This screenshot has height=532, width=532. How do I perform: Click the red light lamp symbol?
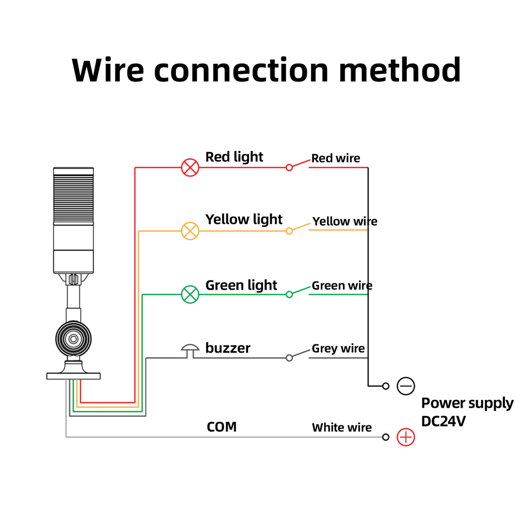coord(190,168)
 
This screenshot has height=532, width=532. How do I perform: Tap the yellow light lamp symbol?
coord(190,231)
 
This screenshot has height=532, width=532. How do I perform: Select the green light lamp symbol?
coord(190,295)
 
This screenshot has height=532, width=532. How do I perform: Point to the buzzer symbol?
coord(190,351)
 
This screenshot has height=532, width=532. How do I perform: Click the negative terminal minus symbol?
coord(406,386)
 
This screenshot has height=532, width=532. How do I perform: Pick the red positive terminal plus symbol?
coord(406,437)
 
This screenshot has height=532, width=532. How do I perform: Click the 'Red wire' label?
coord(336,158)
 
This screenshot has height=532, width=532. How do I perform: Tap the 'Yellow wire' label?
coord(345,221)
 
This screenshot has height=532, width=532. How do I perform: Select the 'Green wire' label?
coord(342,286)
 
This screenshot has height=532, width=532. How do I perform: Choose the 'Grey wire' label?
coord(338,348)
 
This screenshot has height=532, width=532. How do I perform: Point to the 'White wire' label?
coord(341,428)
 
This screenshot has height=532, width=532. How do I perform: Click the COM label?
coord(222,427)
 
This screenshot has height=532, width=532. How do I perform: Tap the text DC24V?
coord(443,421)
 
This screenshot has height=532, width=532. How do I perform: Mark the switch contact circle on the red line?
coord(289,167)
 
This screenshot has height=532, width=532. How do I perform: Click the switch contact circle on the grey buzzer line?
coord(289,358)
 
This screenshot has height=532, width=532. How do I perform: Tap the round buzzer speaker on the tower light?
coord(74,339)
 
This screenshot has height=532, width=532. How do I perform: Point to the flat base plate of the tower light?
coord(74,376)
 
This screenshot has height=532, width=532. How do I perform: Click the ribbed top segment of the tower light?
coord(74,196)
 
